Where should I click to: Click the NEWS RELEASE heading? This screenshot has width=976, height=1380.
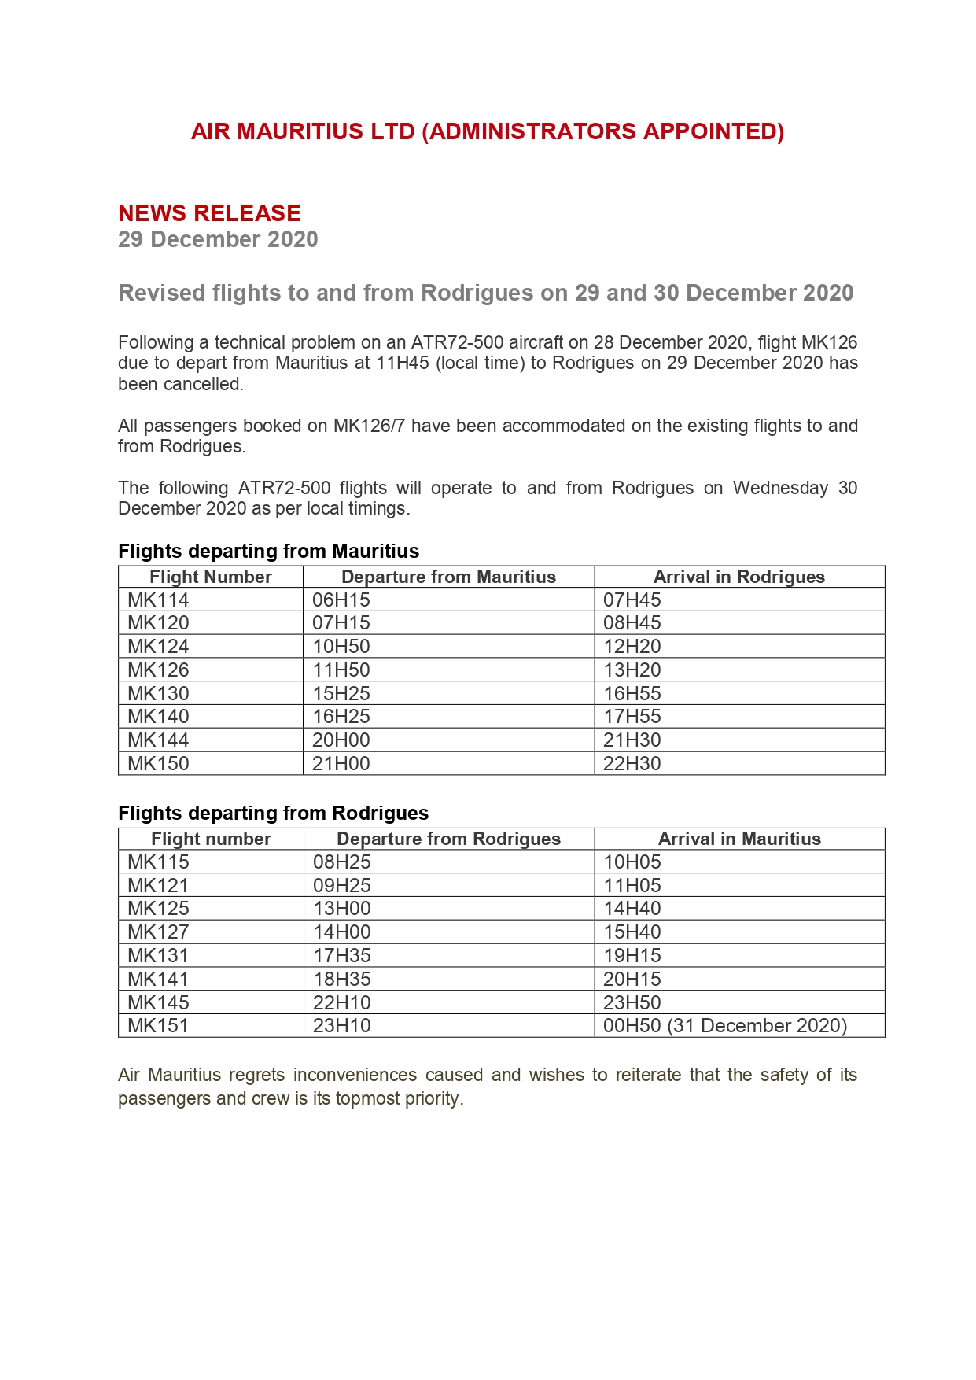click(209, 213)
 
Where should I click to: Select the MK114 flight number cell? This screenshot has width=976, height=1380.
click(159, 600)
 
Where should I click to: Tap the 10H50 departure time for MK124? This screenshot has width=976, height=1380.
click(341, 646)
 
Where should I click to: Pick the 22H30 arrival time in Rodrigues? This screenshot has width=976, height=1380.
click(632, 763)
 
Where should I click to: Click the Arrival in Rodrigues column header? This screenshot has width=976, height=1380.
click(739, 577)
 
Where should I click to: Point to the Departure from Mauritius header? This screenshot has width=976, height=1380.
click(448, 577)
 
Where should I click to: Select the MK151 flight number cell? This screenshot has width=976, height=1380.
click(159, 1025)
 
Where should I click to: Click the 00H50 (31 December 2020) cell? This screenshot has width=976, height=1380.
click(725, 1025)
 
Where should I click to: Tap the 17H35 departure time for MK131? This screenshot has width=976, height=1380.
click(342, 955)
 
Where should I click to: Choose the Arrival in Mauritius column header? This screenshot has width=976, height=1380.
click(739, 839)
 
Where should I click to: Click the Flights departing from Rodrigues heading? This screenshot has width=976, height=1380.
click(273, 813)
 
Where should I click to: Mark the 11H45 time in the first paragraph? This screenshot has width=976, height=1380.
click(403, 363)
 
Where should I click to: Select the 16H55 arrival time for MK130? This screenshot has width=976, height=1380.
click(632, 693)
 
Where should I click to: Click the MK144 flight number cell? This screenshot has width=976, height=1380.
click(159, 740)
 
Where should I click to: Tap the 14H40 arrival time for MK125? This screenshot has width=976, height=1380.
click(632, 908)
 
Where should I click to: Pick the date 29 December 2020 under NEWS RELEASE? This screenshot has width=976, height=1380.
click(218, 239)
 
